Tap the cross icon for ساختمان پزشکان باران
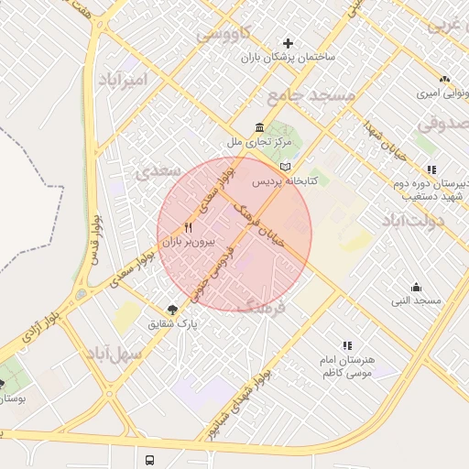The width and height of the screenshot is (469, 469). click(289, 42)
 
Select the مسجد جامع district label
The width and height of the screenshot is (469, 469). click(311, 95)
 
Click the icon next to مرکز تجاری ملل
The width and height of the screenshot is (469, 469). click(260, 127)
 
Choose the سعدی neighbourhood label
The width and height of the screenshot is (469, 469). click(153, 171)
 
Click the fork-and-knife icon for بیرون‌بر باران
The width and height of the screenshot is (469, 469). click(188, 227)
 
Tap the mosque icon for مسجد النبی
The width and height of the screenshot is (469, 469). click(417, 288)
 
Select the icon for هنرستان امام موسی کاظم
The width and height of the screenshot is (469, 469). click(346, 345)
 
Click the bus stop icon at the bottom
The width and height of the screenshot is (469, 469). click(149, 459)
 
